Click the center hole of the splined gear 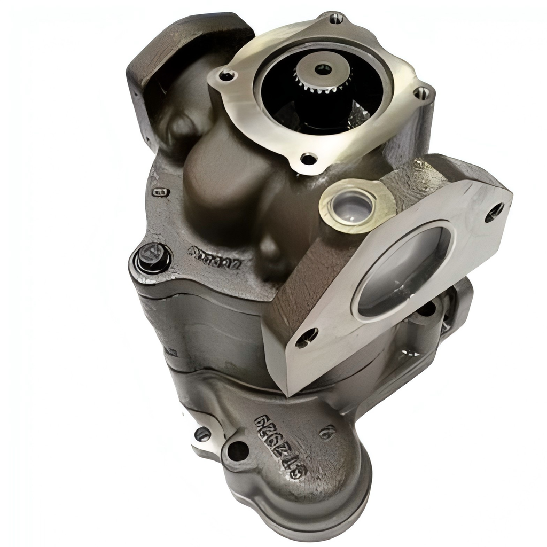pos(323,69)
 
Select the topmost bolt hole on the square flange pos(336,19)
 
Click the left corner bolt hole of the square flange pos(227,76)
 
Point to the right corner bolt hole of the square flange pos(421,93)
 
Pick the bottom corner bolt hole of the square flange pos(309,158)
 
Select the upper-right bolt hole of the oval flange pos(494,212)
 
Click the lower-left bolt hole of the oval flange pos(307,337)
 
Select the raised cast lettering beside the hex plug pos(215,257)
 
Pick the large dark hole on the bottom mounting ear pos(237,451)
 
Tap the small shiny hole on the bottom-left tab pos(202,434)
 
